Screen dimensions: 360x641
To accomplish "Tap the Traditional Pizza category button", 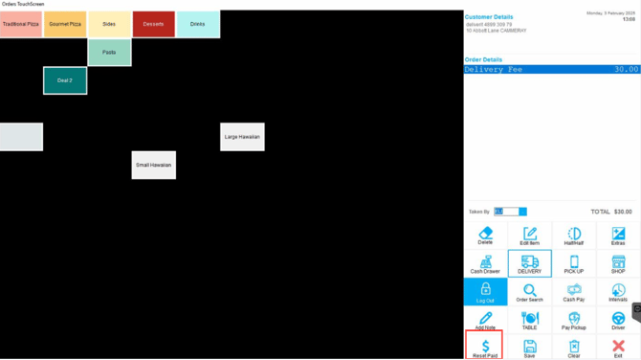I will pyautogui.click(x=21, y=24).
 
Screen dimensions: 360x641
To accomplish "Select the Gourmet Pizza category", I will pyautogui.click(x=65, y=24).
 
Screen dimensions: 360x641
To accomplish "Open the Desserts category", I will pyautogui.click(x=153, y=24).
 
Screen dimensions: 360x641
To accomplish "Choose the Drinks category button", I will pyautogui.click(x=197, y=24).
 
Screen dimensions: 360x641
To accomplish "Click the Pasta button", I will pyautogui.click(x=109, y=53).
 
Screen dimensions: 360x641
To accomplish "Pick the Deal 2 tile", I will pyautogui.click(x=65, y=80).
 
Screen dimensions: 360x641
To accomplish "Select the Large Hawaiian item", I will pyautogui.click(x=242, y=137).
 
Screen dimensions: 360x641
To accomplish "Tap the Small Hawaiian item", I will pyautogui.click(x=153, y=165).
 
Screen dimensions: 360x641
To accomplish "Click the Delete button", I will pyautogui.click(x=485, y=236).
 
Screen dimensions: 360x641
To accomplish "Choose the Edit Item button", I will pyautogui.click(x=529, y=236).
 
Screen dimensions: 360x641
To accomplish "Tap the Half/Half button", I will pyautogui.click(x=574, y=236).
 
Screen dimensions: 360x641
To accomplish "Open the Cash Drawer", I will pyautogui.click(x=485, y=264).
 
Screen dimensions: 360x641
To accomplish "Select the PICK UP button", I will pyautogui.click(x=574, y=264).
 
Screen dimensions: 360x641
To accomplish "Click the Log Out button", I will pyautogui.click(x=485, y=292).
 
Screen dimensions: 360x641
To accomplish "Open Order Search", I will pyautogui.click(x=529, y=292).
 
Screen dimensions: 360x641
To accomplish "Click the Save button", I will pyautogui.click(x=529, y=348).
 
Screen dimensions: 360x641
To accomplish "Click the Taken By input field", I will pyautogui.click(x=506, y=212).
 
